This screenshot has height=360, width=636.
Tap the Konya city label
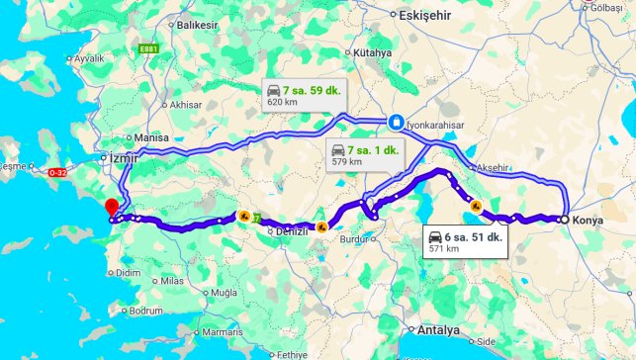pos(588,220)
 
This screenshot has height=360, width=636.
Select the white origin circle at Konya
pos(564,220)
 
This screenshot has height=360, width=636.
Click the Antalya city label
pos(439,330)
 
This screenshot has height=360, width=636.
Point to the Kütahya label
pos(372,52)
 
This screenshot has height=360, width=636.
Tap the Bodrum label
pos(144,311)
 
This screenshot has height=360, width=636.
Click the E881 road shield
pos(150,48)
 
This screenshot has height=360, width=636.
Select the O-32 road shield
pos(56,173)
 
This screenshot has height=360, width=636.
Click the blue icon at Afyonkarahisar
pos(396,122)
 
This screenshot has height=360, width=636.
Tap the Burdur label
pos(352,239)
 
